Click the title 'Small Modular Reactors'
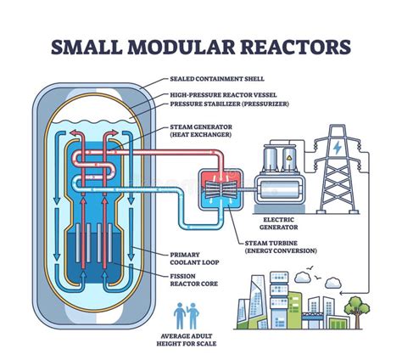click(201, 45)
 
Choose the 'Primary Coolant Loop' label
click(195, 256)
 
